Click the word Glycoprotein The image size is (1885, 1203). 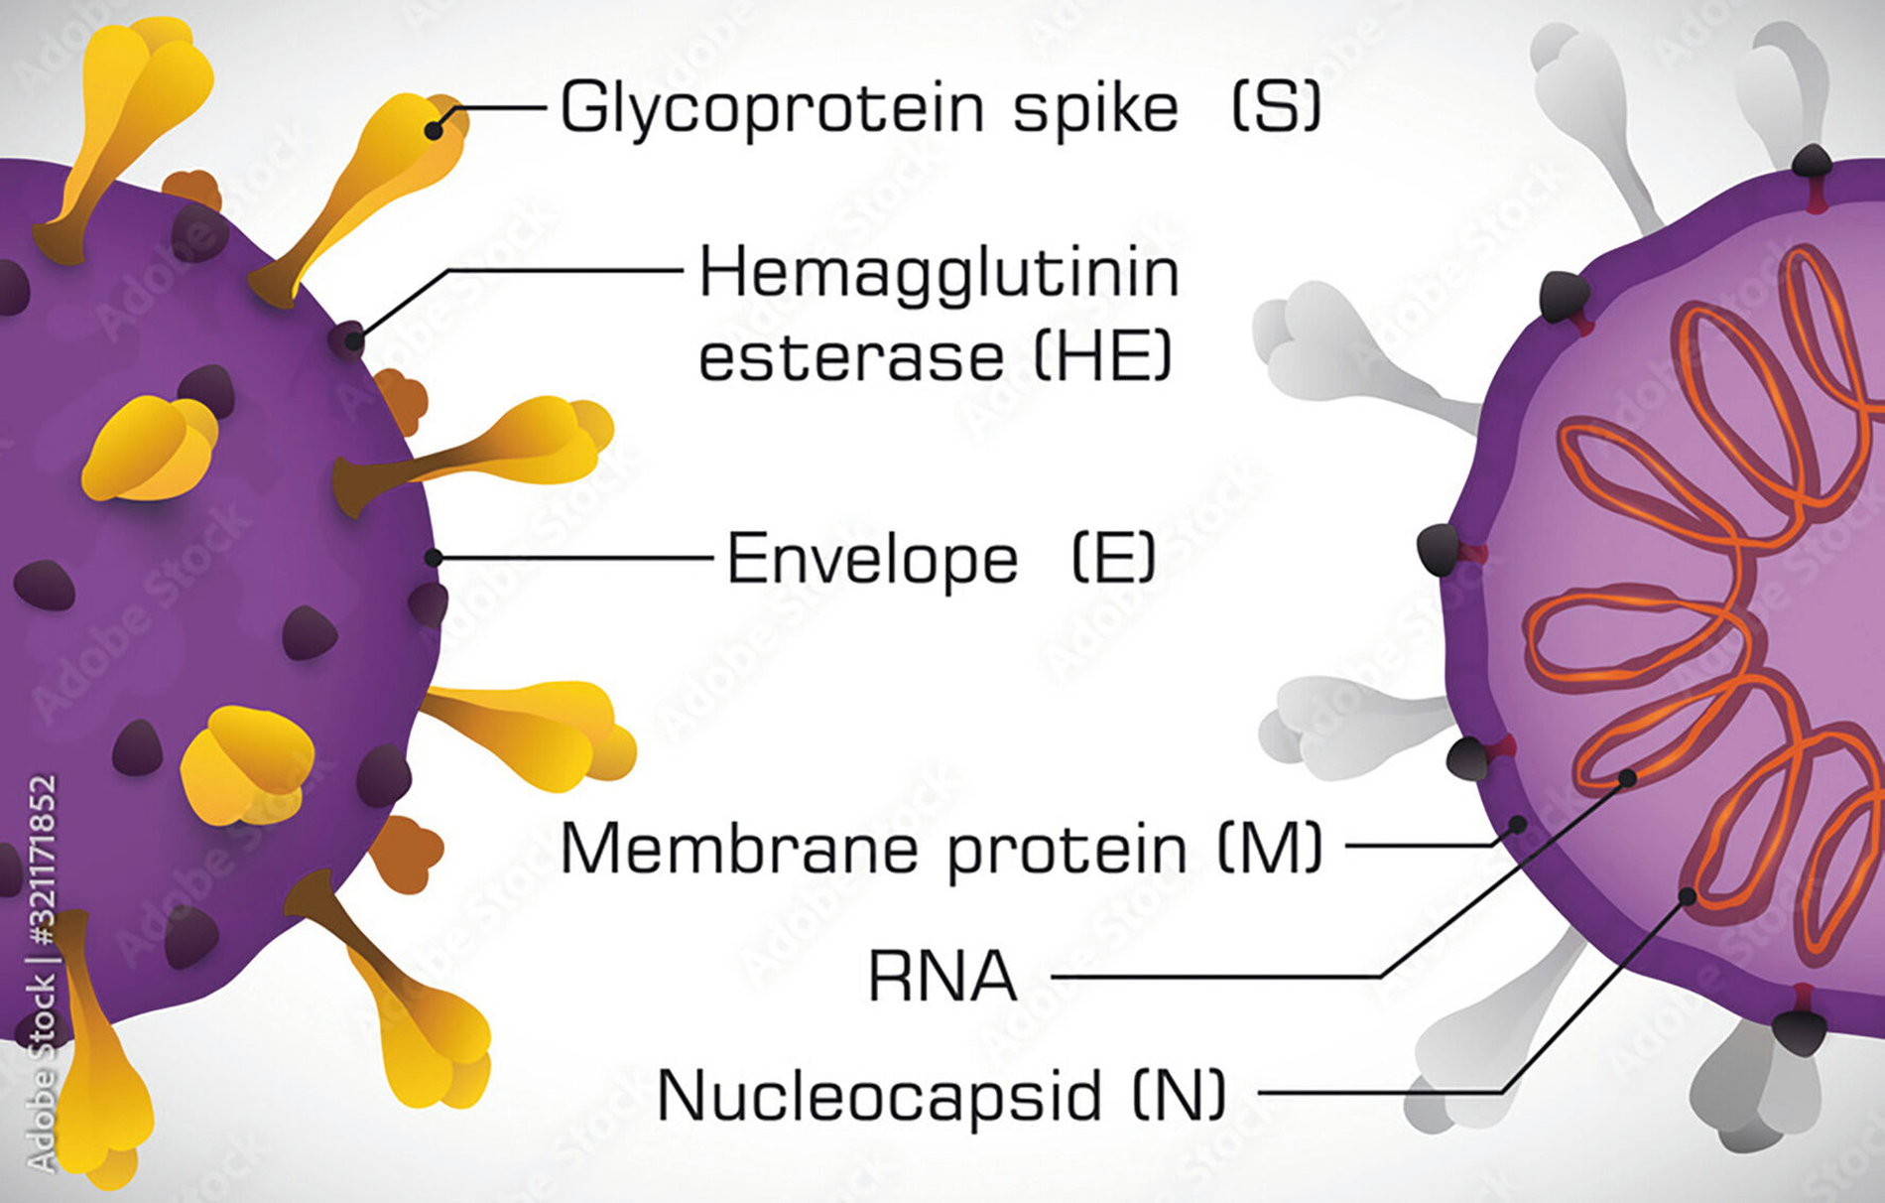tap(771, 108)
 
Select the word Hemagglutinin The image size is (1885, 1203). tap(940, 273)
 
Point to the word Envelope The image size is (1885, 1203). tap(872, 560)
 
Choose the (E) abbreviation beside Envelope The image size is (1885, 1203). tap(1114, 558)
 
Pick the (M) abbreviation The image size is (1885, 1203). tap(1271, 849)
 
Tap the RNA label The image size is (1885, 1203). tap(942, 977)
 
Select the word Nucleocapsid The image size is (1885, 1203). tap(879, 1096)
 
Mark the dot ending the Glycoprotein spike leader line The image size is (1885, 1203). tap(434, 130)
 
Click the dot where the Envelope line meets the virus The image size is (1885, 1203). tap(434, 559)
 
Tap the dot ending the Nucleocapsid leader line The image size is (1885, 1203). tap(1687, 896)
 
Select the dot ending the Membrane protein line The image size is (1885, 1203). tap(1518, 824)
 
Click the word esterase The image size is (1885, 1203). tap(850, 357)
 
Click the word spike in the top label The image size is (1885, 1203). tap(1095, 108)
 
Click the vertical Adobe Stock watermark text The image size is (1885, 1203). tap(41, 974)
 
